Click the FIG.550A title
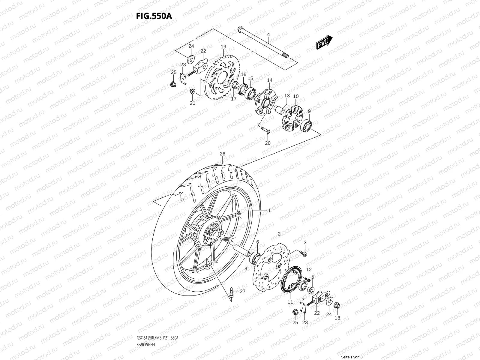pos(154,16)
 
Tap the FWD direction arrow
pos(324,42)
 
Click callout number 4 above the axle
pos(268,35)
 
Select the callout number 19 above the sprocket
pos(223,47)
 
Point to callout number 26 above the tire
pos(222,154)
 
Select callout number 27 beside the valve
pos(242,291)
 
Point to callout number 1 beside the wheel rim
pos(269,211)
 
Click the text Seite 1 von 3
pos(352,357)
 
